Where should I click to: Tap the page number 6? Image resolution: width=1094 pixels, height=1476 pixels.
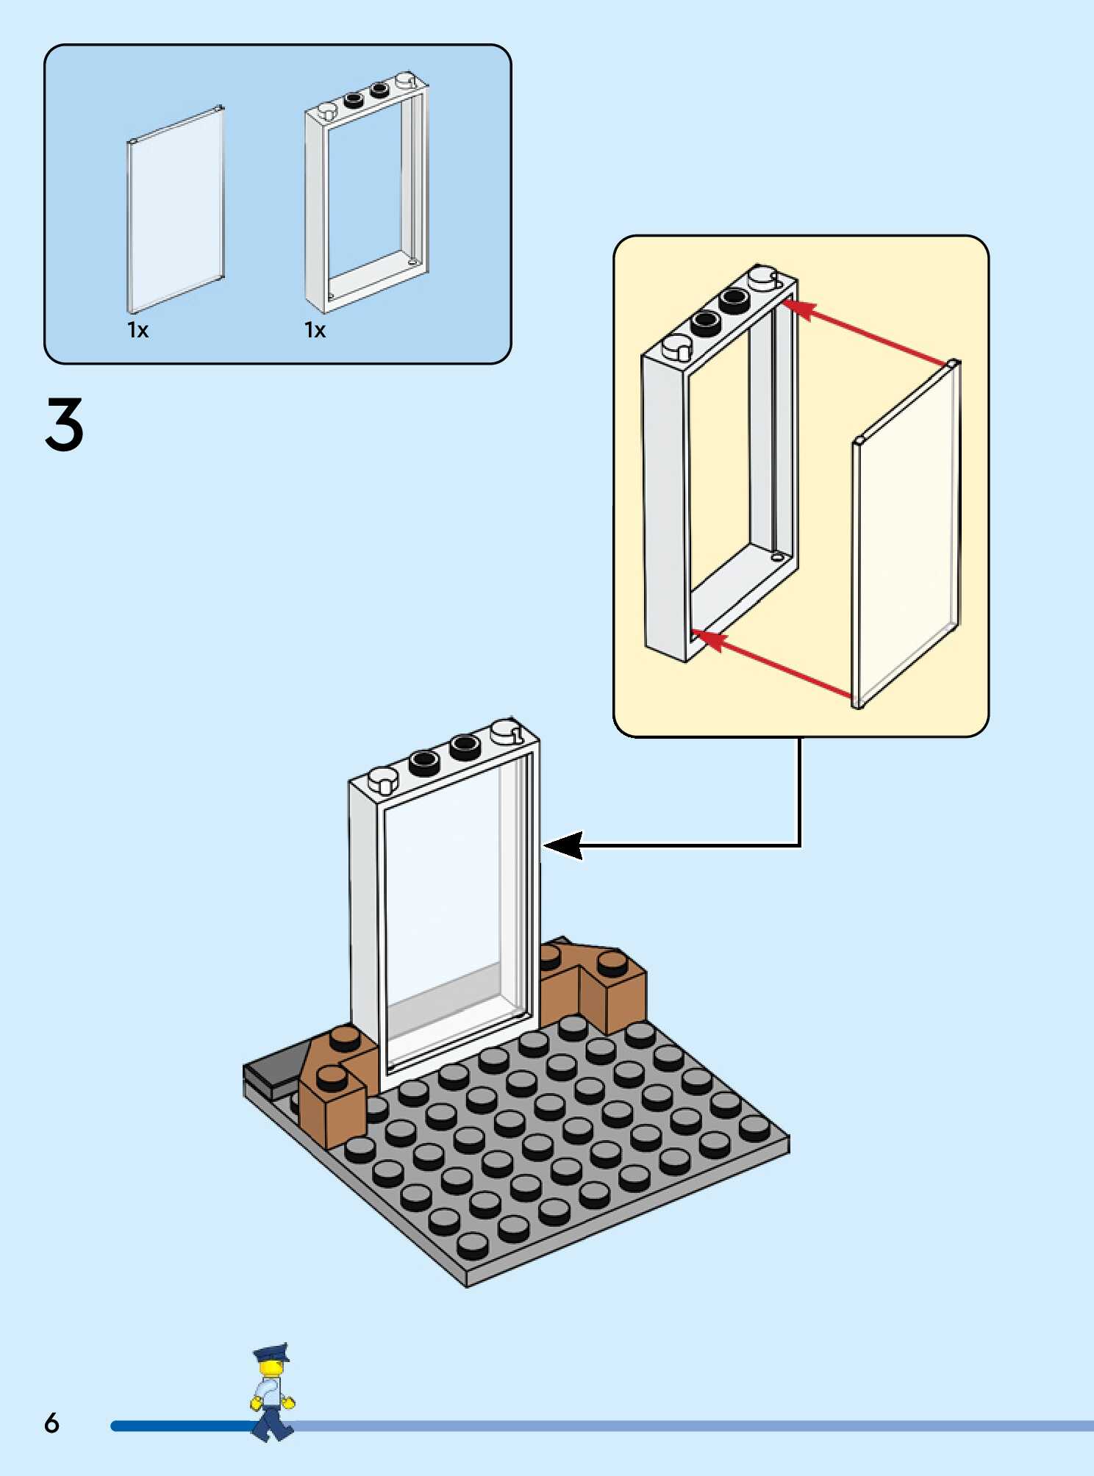(x=51, y=1424)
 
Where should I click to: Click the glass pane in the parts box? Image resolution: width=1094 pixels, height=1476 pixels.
(x=176, y=210)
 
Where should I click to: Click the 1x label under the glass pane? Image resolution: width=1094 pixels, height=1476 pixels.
(x=137, y=330)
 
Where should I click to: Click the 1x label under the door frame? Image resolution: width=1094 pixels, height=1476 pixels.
(x=315, y=330)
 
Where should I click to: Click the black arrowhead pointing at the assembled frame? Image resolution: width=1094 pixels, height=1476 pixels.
(x=565, y=845)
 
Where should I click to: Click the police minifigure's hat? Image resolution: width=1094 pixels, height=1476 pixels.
(x=271, y=1353)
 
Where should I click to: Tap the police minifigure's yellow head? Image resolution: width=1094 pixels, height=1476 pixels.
(x=271, y=1369)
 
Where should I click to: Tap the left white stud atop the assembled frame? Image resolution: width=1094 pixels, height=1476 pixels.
(x=383, y=780)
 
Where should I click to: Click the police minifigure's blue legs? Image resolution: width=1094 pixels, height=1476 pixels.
(x=272, y=1423)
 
